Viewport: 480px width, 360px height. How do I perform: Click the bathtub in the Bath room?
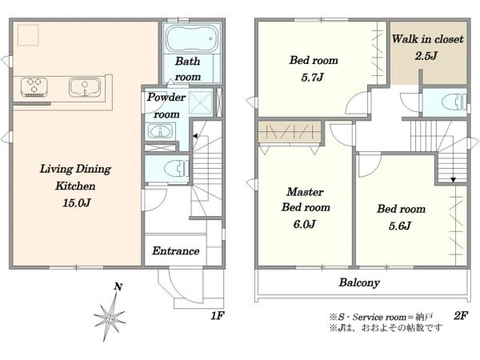click(x=193, y=38)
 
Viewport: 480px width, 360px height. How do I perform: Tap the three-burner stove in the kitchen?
click(x=34, y=86)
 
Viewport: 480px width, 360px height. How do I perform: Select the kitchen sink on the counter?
click(x=85, y=87)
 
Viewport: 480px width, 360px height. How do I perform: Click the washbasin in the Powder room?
click(x=161, y=132)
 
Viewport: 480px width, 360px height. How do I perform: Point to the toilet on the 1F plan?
click(x=176, y=169)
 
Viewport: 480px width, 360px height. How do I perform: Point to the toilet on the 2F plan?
click(x=454, y=102)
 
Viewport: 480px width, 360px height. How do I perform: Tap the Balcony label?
click(x=359, y=282)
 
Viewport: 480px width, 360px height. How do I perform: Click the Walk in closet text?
click(x=428, y=39)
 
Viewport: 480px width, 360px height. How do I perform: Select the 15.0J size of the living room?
click(x=77, y=202)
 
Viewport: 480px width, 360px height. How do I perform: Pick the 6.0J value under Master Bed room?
click(x=304, y=224)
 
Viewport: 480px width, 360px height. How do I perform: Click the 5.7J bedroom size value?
click(x=312, y=77)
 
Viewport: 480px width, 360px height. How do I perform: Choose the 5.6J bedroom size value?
click(x=400, y=226)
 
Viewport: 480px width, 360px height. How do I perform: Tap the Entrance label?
click(x=176, y=251)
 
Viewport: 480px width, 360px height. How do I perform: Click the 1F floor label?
click(x=218, y=315)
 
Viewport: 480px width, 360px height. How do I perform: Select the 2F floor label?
click(x=461, y=315)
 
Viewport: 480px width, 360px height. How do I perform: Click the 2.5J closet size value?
click(x=426, y=56)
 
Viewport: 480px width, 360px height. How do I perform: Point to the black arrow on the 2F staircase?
click(x=453, y=180)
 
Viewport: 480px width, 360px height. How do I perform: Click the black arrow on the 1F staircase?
click(x=194, y=136)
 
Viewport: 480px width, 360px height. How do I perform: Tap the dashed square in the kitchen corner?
click(x=28, y=35)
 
